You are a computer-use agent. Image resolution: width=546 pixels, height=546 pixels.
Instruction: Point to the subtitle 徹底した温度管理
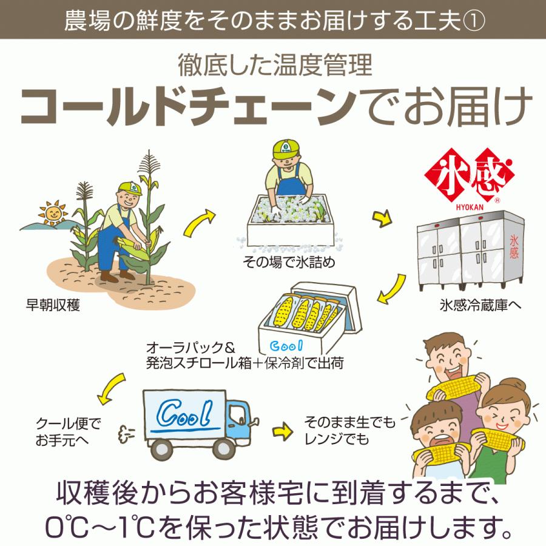(x=274, y=65)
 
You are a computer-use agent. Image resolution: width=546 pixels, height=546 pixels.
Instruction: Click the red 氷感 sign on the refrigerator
(x=514, y=248)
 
